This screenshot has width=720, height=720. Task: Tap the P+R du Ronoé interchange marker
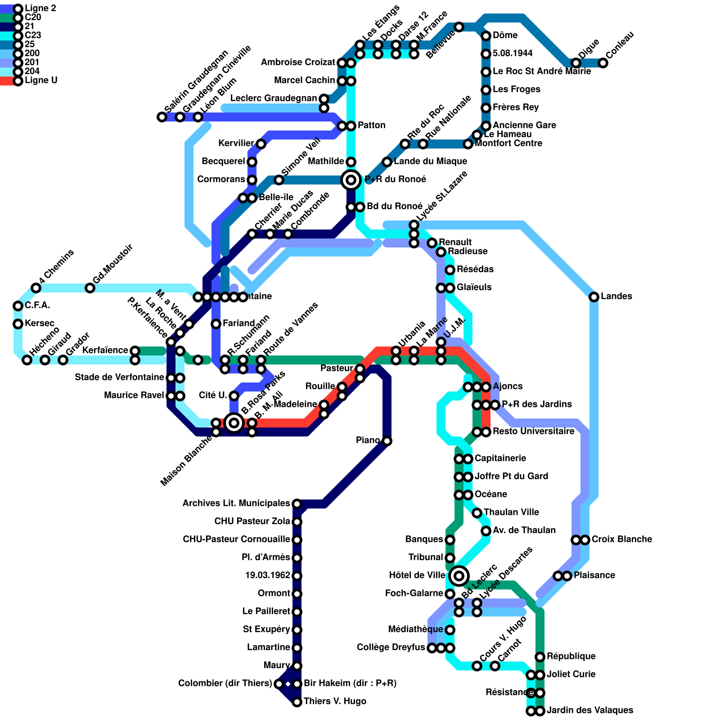351,180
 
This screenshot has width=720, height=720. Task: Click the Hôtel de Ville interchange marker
459,576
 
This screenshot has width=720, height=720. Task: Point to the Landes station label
616,297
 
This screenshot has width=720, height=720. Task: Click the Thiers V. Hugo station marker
297,702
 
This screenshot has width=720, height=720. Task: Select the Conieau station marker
603,63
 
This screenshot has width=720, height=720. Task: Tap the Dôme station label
505,36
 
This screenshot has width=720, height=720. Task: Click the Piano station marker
387,441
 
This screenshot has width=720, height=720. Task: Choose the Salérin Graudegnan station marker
162,117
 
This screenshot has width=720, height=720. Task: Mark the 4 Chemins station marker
36,288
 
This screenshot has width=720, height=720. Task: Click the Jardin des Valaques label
589,711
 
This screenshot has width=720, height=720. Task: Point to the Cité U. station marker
234,396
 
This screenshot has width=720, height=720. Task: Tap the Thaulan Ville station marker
477,513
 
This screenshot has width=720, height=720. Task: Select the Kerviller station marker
261,144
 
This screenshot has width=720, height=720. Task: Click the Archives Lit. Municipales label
236,504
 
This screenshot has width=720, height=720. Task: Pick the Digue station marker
576,63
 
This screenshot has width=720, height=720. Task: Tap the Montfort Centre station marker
468,144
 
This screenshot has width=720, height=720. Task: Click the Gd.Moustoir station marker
90,288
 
